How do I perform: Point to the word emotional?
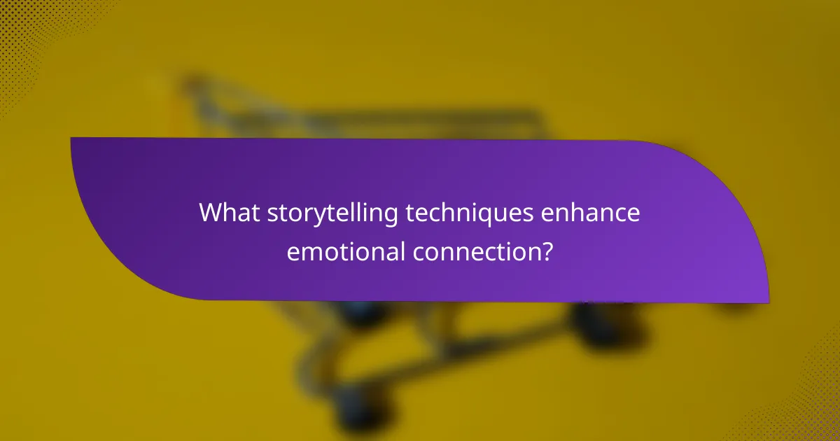(345, 251)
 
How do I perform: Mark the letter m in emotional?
(309, 251)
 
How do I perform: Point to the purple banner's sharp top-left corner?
(72, 139)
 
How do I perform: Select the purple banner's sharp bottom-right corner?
(767, 302)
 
